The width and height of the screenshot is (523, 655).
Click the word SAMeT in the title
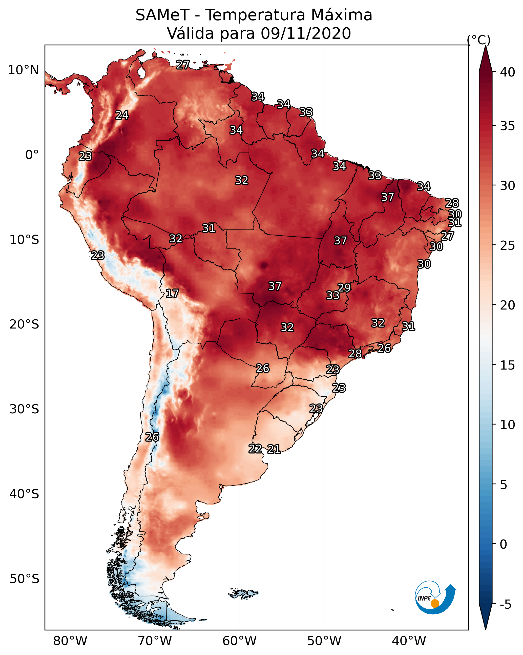pos(162,15)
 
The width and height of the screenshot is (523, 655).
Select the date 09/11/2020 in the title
pos(306,33)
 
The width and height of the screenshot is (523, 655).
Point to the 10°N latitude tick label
pos(23,70)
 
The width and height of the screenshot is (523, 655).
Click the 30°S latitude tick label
pos(24,409)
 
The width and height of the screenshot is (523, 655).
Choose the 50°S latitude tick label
pos(24,579)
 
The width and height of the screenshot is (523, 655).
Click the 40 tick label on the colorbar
pos(508,72)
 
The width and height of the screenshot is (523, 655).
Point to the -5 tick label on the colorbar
pos(505,605)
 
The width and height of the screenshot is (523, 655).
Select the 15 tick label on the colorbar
pos(508,365)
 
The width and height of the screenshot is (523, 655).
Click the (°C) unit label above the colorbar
pos(479,40)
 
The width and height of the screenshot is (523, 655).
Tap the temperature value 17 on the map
pos(172,294)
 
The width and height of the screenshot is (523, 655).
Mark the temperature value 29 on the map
pos(344,287)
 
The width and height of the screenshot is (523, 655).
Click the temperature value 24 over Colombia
pos(122,115)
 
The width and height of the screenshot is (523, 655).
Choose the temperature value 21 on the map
pos(274,449)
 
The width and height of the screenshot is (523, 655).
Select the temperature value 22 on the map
pos(255,448)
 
